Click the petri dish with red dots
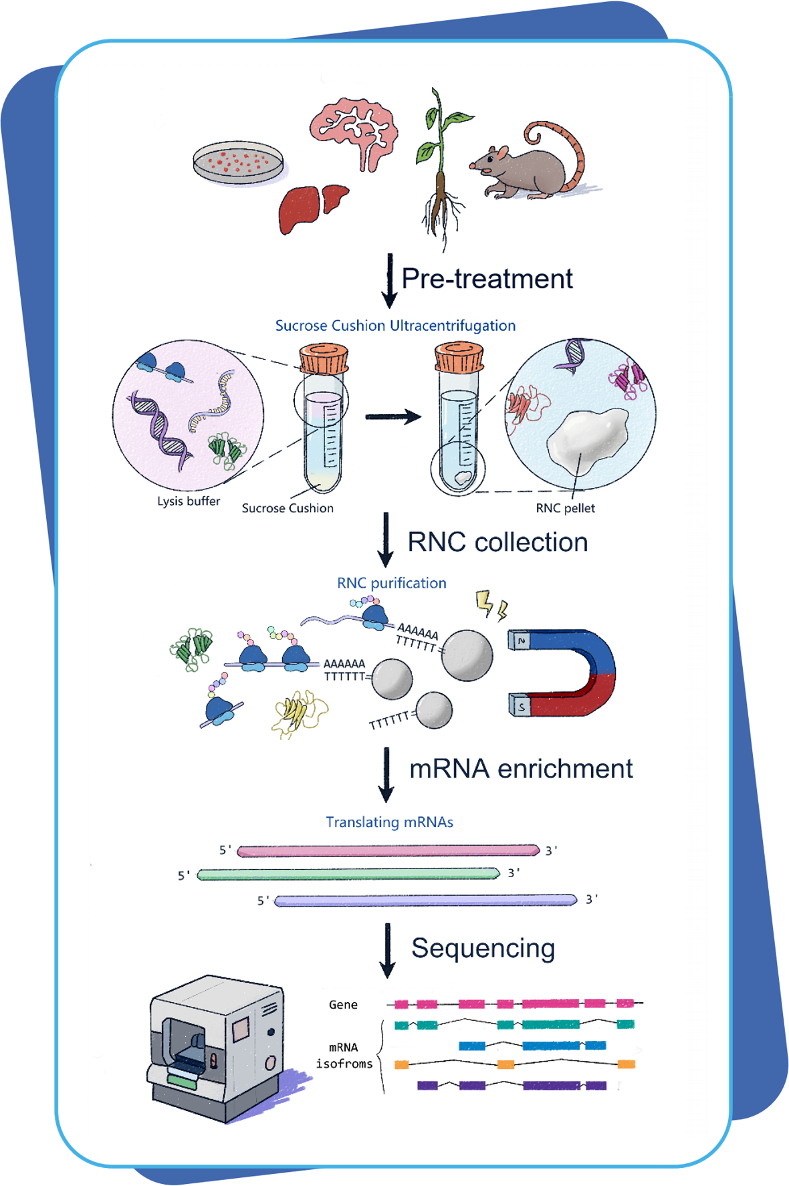click(x=238, y=162)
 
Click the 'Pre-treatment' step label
click(x=487, y=279)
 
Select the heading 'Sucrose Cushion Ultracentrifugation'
click(x=395, y=326)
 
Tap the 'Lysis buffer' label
click(x=189, y=501)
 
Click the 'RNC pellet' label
click(x=565, y=508)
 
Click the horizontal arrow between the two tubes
click(x=393, y=417)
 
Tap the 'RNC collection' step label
click(x=497, y=542)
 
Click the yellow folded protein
click(x=298, y=713)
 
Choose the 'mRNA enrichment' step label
click(x=521, y=769)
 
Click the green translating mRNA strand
click(x=348, y=874)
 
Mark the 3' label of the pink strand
click(x=552, y=850)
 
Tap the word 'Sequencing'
click(x=483, y=948)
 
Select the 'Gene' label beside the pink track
click(x=343, y=1004)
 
